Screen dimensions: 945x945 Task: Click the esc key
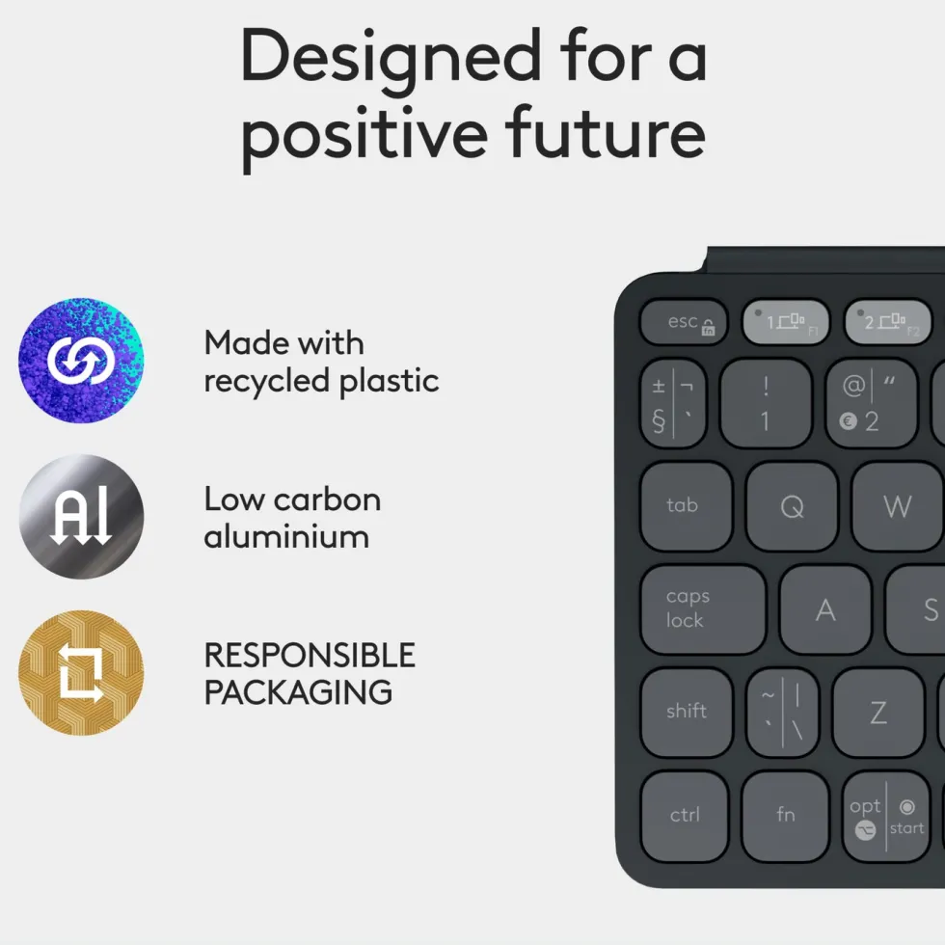684,322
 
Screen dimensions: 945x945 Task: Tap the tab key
686,506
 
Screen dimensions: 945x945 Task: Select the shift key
687,712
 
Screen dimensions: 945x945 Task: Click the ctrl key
685,816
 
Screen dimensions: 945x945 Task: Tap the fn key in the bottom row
785,816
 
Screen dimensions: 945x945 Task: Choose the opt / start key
886,816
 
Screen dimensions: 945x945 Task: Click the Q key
792,506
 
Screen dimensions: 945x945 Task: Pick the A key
825,609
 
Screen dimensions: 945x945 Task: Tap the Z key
878,712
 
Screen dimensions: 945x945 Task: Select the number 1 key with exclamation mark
766,403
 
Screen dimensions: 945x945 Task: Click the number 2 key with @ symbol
872,403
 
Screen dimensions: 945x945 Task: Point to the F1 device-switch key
786,322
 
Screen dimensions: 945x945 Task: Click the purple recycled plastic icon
81,361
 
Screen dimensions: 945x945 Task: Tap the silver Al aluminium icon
81,517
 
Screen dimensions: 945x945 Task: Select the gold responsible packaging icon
81,673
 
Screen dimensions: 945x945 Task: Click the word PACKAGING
298,692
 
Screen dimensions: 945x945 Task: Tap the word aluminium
286,536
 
